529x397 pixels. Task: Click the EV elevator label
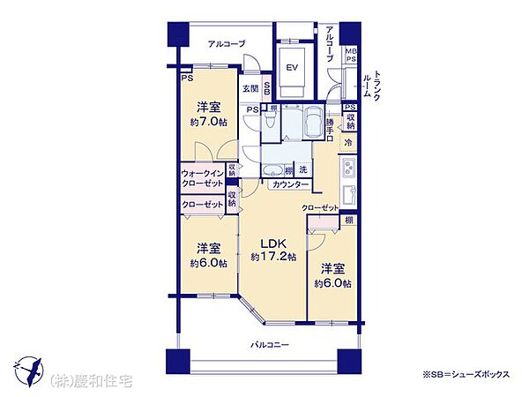click(x=293, y=68)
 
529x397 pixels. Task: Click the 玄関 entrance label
click(x=251, y=88)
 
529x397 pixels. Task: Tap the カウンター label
click(x=291, y=184)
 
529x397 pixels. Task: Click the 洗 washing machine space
click(x=302, y=169)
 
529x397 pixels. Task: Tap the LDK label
click(x=271, y=242)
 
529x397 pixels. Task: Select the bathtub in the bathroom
click(x=309, y=124)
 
